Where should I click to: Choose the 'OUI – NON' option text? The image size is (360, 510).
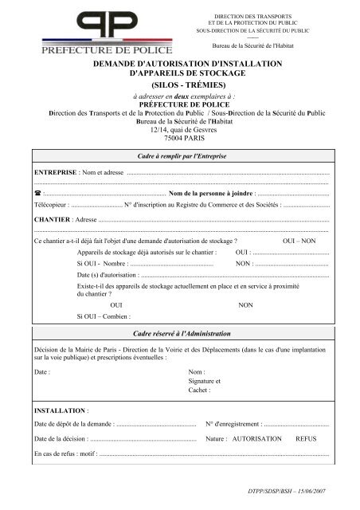(x=299, y=241)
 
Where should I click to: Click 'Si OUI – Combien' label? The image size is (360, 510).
(x=103, y=316)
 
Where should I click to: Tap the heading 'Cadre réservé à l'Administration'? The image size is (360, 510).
(x=179, y=333)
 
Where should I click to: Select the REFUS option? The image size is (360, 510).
(x=306, y=439)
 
